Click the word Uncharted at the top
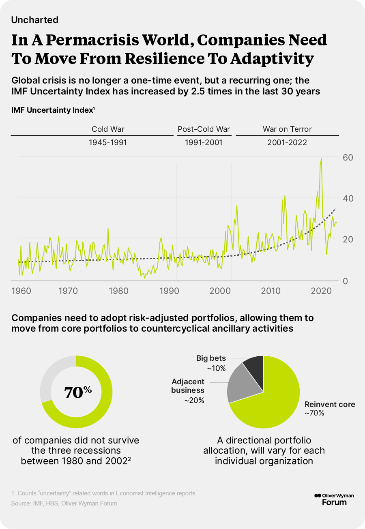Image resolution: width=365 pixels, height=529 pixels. click(x=35, y=20)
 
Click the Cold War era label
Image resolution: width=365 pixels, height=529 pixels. click(x=108, y=129)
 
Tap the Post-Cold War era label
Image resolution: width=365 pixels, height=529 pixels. click(x=204, y=129)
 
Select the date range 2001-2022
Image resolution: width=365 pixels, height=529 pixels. click(x=287, y=143)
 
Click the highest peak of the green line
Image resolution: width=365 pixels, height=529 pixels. click(x=321, y=159)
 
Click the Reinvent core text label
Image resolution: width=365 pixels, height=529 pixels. click(x=330, y=404)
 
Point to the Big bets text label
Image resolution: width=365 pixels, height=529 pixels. click(x=211, y=358)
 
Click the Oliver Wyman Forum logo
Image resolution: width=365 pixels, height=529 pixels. click(x=331, y=499)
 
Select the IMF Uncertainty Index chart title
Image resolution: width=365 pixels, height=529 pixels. click(x=53, y=110)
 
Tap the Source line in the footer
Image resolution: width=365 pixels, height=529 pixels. click(x=64, y=503)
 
